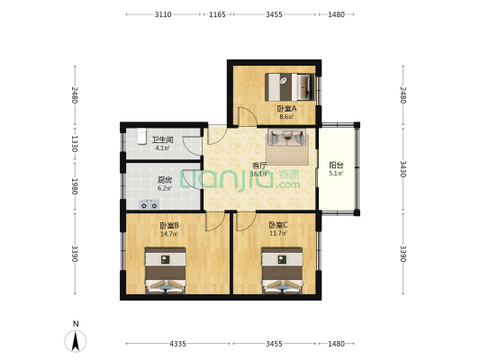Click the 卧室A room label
click(x=286, y=109)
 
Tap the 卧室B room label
click(x=169, y=226)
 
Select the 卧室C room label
click(x=278, y=225)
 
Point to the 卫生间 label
click(x=162, y=140)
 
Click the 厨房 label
click(x=165, y=180)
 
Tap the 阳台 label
click(x=336, y=166)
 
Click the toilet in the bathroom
click(x=141, y=136)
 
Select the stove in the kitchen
click(x=149, y=204)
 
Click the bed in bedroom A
click(x=290, y=87)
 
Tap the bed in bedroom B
click(x=166, y=270)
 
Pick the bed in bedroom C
click(x=282, y=270)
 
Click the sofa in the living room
click(x=287, y=137)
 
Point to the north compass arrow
click(x=76, y=341)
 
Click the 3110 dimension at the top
click(x=163, y=14)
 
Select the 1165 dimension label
click(x=217, y=14)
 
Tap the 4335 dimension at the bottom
click(x=177, y=344)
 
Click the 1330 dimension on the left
click(x=75, y=144)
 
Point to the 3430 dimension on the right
click(x=403, y=169)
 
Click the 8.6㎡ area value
click(x=286, y=116)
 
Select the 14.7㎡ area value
click(x=169, y=234)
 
